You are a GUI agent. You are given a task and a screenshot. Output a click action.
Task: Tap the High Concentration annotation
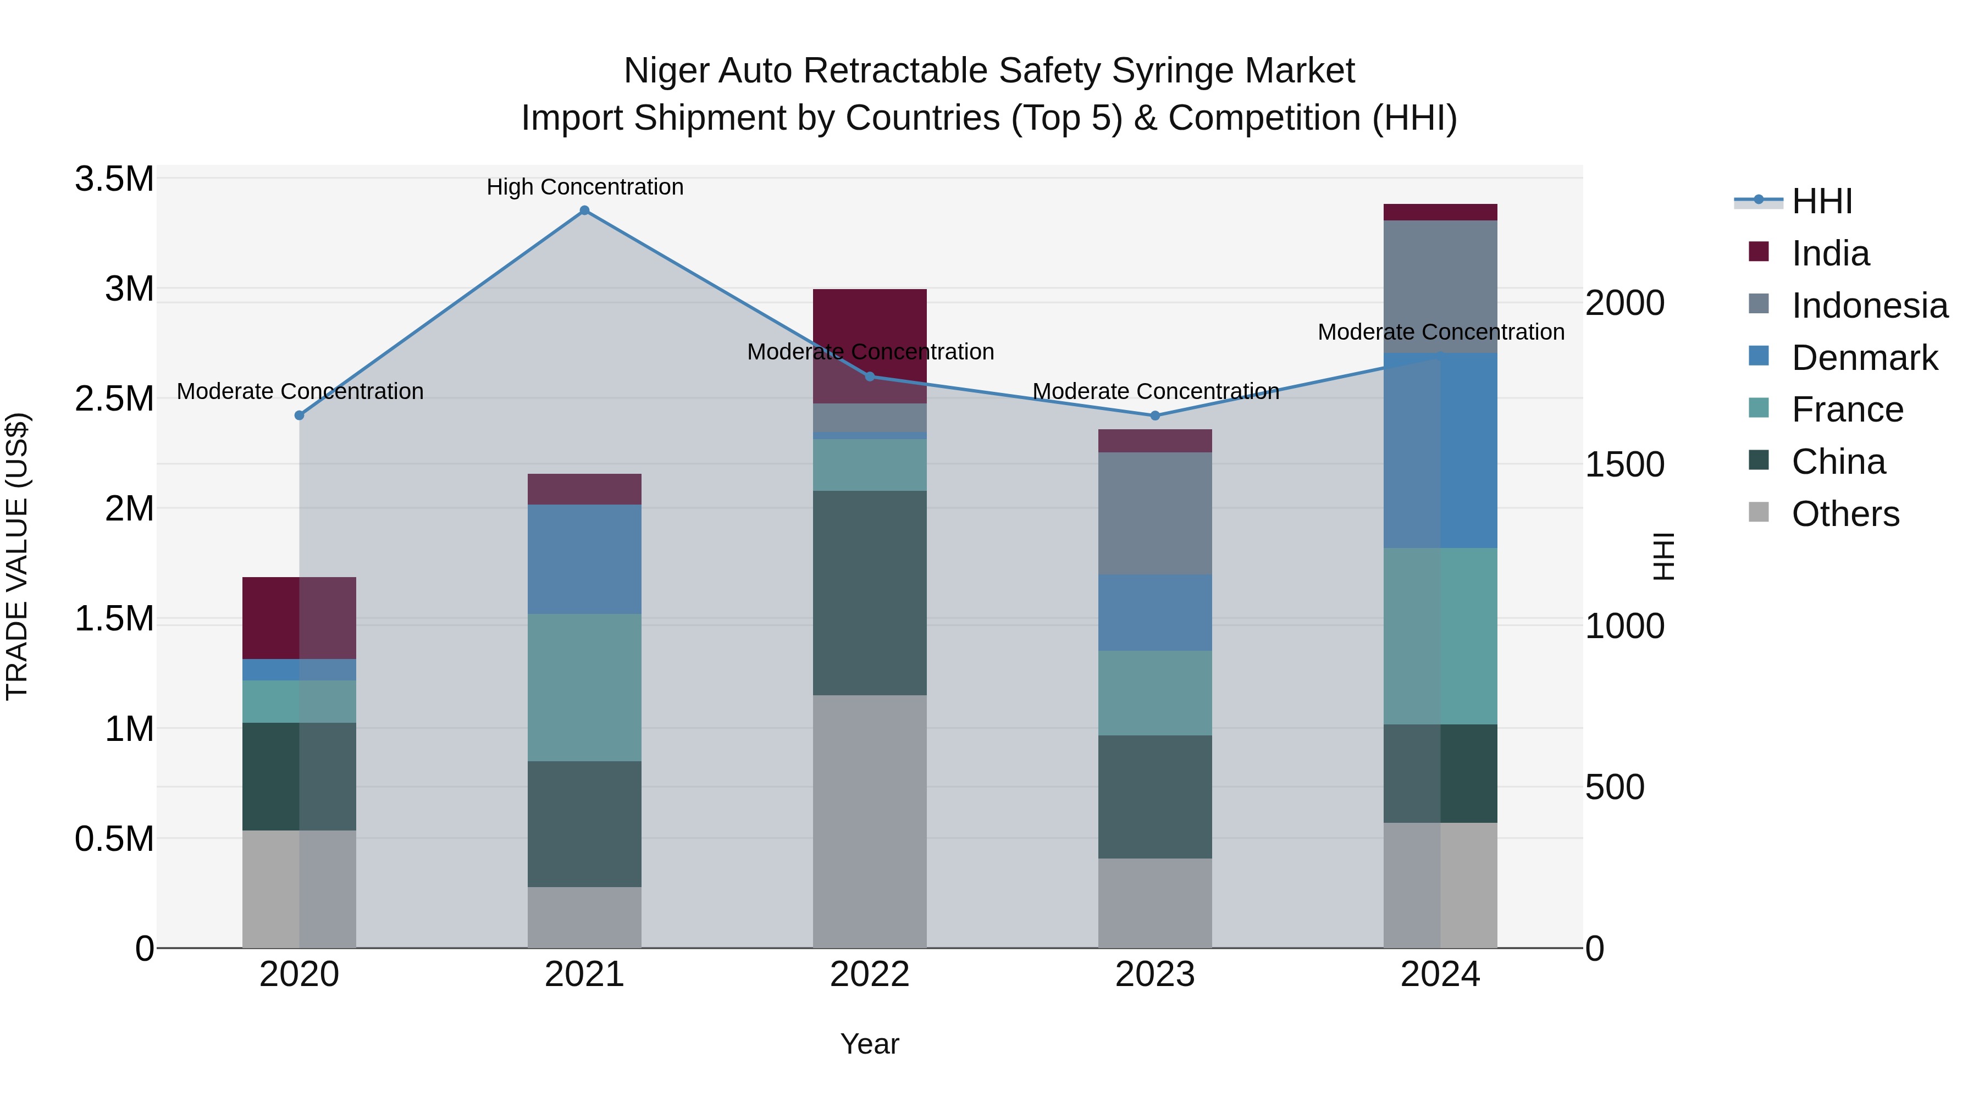585,187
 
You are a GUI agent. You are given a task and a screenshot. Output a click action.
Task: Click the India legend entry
1830,253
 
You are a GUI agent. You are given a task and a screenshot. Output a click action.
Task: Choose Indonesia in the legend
1869,306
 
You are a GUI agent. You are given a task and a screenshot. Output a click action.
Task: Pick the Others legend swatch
1759,512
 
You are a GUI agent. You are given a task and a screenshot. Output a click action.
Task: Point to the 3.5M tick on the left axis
114,179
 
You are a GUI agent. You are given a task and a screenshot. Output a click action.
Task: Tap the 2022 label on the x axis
870,974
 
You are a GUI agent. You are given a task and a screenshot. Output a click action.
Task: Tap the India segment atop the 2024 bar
1440,212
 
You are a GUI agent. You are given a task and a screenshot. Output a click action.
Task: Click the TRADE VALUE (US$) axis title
17,556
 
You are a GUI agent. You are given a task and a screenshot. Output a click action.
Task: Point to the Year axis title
870,1044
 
